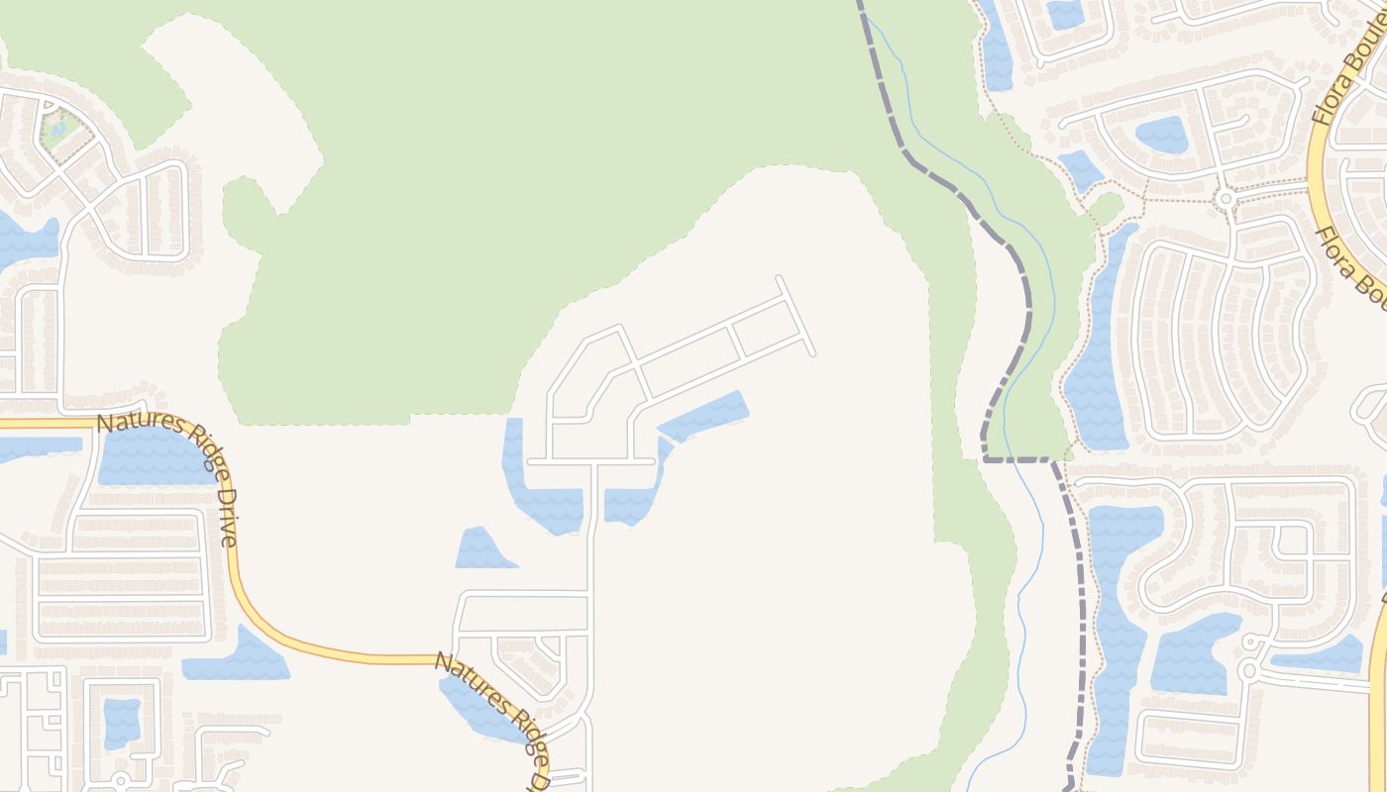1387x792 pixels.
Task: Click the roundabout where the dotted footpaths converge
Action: [1226, 198]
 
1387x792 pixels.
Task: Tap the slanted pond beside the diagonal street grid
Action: [703, 417]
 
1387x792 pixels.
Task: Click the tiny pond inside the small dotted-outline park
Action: [57, 128]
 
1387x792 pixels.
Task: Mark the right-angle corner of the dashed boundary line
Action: [984, 458]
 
